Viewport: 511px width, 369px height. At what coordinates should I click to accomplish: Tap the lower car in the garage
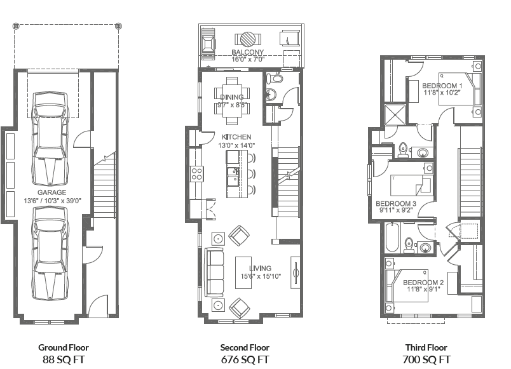coord(50,257)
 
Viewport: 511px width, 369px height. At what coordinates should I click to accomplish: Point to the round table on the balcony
coord(245,38)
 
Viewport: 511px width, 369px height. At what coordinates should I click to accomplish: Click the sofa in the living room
coord(214,272)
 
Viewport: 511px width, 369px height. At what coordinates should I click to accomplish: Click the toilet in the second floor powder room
coord(274,79)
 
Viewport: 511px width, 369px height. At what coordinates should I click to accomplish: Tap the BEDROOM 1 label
coord(442,85)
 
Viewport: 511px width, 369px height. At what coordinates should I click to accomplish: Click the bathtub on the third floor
coord(392,241)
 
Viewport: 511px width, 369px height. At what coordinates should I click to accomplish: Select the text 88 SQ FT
coord(63,359)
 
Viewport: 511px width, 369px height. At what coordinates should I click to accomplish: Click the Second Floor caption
coord(245,347)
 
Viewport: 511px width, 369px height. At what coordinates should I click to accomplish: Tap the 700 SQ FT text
coord(426,359)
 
